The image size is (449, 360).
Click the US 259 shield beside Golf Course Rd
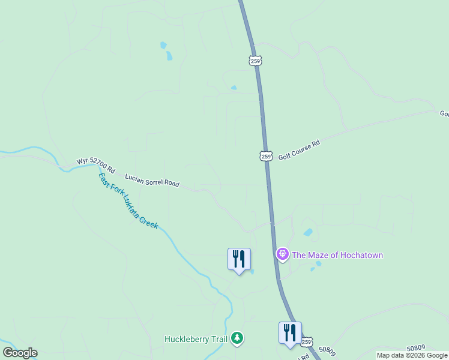pos(267,156)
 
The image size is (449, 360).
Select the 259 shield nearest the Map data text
pos(307,342)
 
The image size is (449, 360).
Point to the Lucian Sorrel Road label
pos(152,181)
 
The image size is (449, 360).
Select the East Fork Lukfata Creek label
pos(128,200)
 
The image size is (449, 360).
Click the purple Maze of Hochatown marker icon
pos(282,254)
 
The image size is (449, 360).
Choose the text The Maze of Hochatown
pos(337,256)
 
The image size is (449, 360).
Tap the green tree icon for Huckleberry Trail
pos(238,339)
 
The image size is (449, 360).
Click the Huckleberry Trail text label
pos(196,340)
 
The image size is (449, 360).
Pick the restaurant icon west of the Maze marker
pos(239,259)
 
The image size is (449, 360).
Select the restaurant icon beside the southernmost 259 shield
pos(290,333)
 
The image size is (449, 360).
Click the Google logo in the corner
pos(20,353)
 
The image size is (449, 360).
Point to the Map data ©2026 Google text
pos(412,355)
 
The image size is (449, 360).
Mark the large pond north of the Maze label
pos(308,232)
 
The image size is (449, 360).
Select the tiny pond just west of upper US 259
pos(234,88)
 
